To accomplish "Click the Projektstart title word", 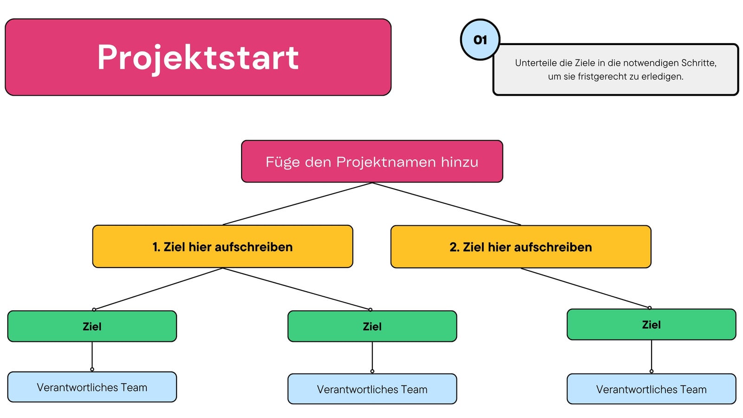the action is pos(198,58).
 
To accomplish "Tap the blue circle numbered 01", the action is pos(480,39).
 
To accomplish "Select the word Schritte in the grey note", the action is pos(699,63).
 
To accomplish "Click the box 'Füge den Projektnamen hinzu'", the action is pos(372,162).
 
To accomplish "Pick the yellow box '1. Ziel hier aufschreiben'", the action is pos(222,247).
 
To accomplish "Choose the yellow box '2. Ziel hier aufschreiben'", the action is pos(521,247).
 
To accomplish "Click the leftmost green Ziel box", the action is pos(92,326).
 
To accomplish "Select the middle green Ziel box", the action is pos(372,326).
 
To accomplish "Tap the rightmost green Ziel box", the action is pos(652,325).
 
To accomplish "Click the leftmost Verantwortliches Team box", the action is pos(92,387).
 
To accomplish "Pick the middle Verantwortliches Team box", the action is pos(372,389).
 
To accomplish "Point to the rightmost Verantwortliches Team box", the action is pos(652,389).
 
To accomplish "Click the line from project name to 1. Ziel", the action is pos(297,204).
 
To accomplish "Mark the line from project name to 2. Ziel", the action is pos(446,204).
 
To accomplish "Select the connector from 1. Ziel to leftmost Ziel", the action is pos(158,288).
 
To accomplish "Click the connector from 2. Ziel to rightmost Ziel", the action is pos(585,288).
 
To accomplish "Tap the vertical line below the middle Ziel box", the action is pos(372,356).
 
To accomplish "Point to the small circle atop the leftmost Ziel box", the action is pos(94,309).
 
